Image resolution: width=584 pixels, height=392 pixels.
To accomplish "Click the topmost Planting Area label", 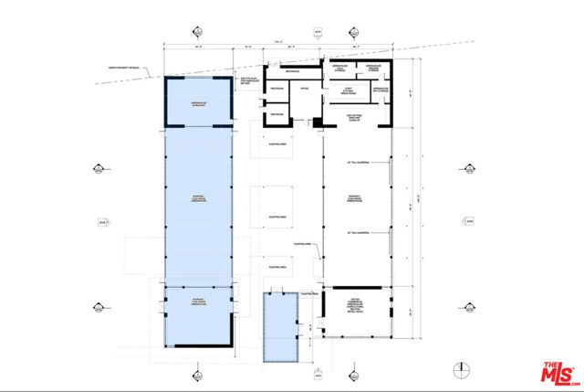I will click(279, 143).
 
